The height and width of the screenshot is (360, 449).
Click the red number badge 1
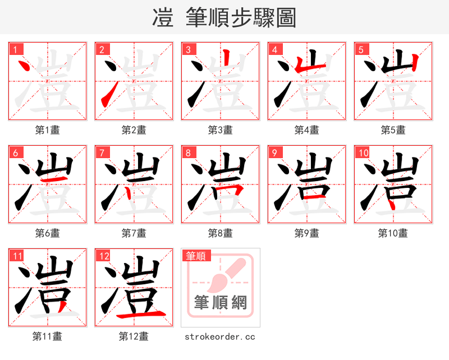coord(15,49)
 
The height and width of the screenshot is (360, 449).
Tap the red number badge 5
coord(360,49)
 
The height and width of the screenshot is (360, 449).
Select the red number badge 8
coord(187,153)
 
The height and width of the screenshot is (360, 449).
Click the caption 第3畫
coord(220,130)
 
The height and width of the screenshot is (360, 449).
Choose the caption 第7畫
coord(134,233)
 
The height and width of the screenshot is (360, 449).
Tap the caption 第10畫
coord(393,233)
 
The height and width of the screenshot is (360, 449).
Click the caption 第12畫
coord(134,336)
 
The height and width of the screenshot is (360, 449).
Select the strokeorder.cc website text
coord(220,336)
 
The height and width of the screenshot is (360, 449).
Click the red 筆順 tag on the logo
coord(196,256)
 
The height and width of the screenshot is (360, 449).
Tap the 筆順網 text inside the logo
coord(220,303)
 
